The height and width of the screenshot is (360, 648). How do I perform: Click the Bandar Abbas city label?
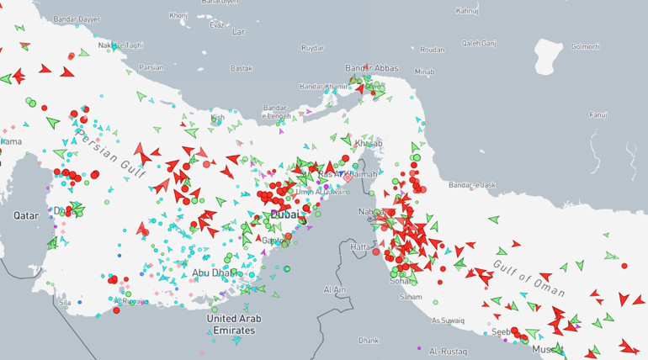point(371,67)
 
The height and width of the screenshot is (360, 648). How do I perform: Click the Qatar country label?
point(26,215)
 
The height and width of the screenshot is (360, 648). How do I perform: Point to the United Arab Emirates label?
point(234,324)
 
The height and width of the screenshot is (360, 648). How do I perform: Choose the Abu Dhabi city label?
point(211,273)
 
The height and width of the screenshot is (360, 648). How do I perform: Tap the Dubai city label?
point(284,215)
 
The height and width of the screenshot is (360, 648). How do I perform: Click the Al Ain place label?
point(334,289)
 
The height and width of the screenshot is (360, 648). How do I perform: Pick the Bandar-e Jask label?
point(472,184)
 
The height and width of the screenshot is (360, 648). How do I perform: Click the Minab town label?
point(424,71)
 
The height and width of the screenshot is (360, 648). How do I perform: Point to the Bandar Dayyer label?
point(76,19)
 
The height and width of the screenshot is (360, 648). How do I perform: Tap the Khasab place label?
point(369,143)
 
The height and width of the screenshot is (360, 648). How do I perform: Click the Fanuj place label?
point(598,114)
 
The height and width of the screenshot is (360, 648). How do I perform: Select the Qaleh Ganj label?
point(479,43)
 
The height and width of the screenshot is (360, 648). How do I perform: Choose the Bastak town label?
point(242,67)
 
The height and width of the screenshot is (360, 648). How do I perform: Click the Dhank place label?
point(368,340)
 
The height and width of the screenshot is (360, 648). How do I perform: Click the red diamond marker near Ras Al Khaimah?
point(346,177)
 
